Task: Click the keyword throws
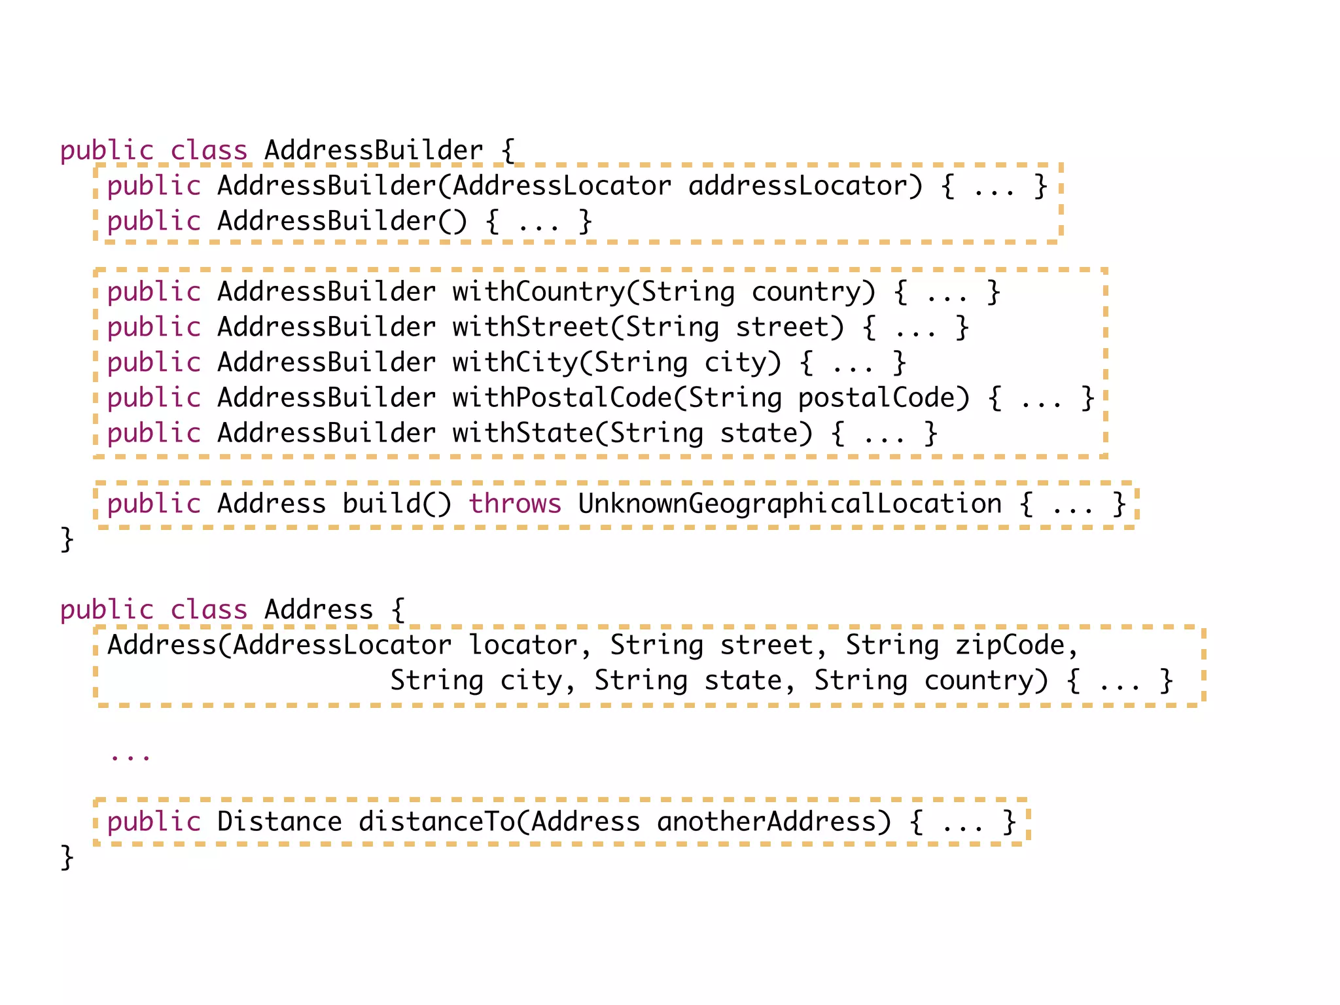point(515,504)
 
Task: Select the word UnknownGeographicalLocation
point(790,504)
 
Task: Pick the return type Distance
point(279,822)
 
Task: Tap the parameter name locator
point(523,645)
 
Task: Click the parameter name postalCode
point(877,398)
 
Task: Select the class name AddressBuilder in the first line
point(374,150)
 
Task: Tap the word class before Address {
point(209,610)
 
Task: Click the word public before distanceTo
point(154,822)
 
